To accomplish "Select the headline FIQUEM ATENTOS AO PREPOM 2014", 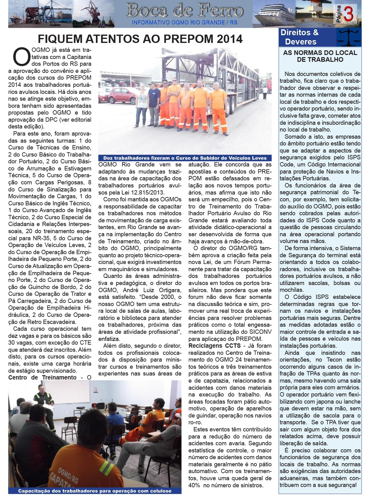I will pos(140,39).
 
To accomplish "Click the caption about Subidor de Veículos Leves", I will pos(185,157).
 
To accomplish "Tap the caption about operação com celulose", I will pos(95,491).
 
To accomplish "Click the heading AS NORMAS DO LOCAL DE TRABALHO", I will pos(320,56).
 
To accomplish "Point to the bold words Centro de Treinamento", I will pos(42,377).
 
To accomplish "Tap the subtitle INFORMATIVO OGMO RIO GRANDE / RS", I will pos(184,23).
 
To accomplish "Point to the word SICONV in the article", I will pos(259,332).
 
